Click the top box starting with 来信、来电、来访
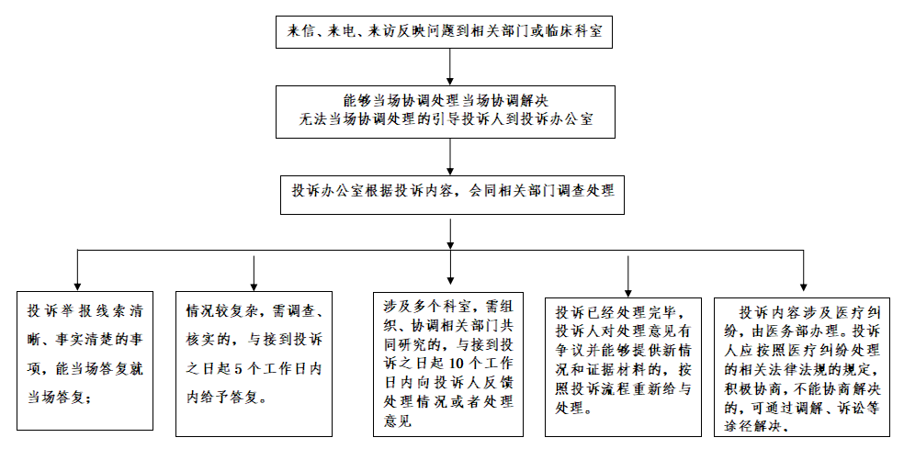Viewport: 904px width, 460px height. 444,31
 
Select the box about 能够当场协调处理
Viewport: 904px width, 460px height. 445,112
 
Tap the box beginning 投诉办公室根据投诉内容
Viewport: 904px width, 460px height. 452,195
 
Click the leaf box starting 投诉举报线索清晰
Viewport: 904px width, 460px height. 85,361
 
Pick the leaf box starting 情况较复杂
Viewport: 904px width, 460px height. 254,364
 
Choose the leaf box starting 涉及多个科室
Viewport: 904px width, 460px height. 448,365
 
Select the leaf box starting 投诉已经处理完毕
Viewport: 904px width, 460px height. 623,366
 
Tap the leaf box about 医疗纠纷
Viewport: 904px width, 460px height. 802,366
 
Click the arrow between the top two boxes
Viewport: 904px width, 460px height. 450,67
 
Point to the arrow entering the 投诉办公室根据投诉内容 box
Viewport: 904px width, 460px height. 450,157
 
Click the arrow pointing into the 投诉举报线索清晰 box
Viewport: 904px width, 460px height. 78,270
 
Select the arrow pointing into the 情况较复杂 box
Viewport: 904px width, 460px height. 254,274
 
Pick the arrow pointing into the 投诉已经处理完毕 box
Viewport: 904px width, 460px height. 627,276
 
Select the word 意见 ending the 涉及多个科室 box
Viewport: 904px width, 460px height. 397,421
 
